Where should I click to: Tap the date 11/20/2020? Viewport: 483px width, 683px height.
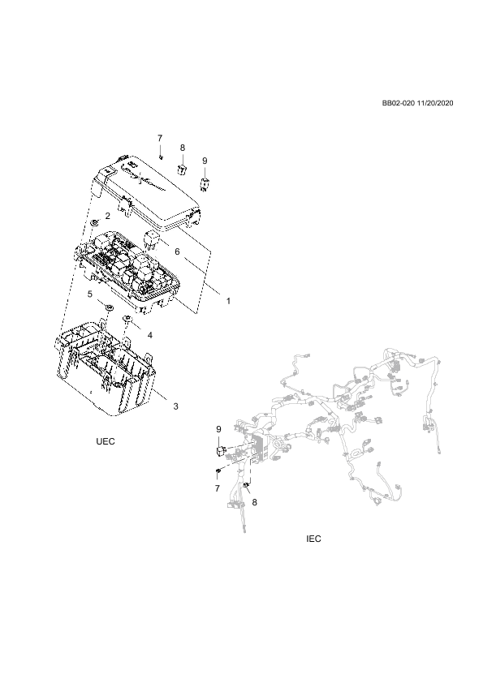click(x=435, y=103)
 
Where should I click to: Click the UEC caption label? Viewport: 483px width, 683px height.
click(x=106, y=441)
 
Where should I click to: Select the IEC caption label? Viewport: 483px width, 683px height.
click(x=313, y=539)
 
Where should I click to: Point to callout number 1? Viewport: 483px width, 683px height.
click(x=227, y=301)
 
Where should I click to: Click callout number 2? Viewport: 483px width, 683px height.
click(x=107, y=216)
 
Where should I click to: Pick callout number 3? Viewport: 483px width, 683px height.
click(x=175, y=406)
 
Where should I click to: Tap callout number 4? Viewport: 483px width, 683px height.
click(x=150, y=335)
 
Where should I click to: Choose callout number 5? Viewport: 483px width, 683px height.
click(x=90, y=294)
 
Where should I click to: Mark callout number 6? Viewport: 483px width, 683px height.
click(x=177, y=251)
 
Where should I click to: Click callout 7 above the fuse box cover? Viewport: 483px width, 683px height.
click(x=160, y=138)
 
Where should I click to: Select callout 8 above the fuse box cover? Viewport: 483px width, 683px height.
click(x=183, y=148)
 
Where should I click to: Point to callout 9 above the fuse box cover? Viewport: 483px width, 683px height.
click(x=205, y=161)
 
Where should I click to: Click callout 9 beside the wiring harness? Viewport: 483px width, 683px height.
click(x=219, y=429)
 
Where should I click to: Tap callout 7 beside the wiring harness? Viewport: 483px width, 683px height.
click(x=218, y=489)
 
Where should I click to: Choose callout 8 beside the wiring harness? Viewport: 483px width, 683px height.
click(x=255, y=502)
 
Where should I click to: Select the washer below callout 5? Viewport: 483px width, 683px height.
click(x=110, y=307)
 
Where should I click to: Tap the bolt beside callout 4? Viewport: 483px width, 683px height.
click(x=127, y=320)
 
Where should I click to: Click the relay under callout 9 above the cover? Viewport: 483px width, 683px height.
click(x=204, y=184)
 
